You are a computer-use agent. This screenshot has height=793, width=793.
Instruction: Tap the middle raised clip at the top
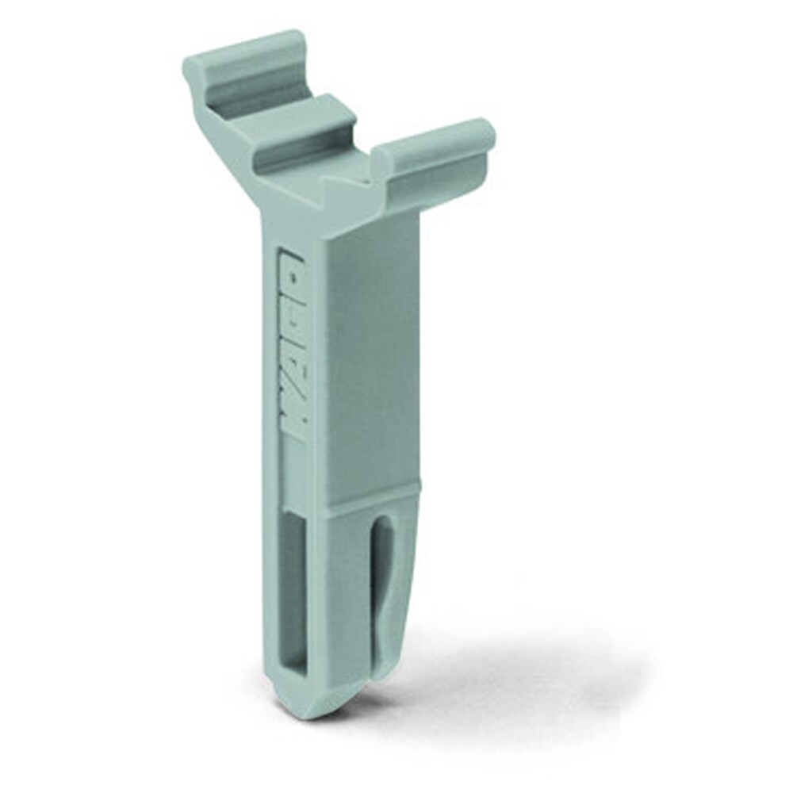click(x=304, y=126)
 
